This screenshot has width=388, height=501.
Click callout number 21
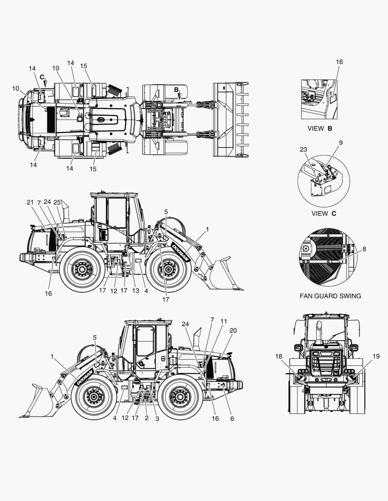(x=30, y=202)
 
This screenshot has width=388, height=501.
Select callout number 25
(x=57, y=202)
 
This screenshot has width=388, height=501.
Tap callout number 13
(x=136, y=290)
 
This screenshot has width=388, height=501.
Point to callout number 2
(x=147, y=418)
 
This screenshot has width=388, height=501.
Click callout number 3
(x=157, y=418)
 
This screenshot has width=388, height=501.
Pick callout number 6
(x=232, y=418)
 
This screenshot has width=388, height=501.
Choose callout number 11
(x=224, y=321)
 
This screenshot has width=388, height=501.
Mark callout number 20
(x=233, y=330)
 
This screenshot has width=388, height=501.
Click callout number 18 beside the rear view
(x=279, y=356)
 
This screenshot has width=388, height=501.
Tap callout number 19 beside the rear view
(x=376, y=356)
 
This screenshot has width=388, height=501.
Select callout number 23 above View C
(x=303, y=149)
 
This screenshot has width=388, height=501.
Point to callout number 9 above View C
(x=341, y=142)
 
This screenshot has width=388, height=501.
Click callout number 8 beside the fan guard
(x=364, y=249)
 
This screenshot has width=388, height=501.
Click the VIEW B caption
(x=320, y=128)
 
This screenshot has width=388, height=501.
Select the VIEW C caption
(x=324, y=213)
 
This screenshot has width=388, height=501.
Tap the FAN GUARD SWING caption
(x=330, y=296)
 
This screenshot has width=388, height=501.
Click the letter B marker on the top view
(x=177, y=90)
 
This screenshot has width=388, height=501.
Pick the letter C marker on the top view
(x=42, y=77)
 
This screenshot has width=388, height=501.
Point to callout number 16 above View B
(x=339, y=62)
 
